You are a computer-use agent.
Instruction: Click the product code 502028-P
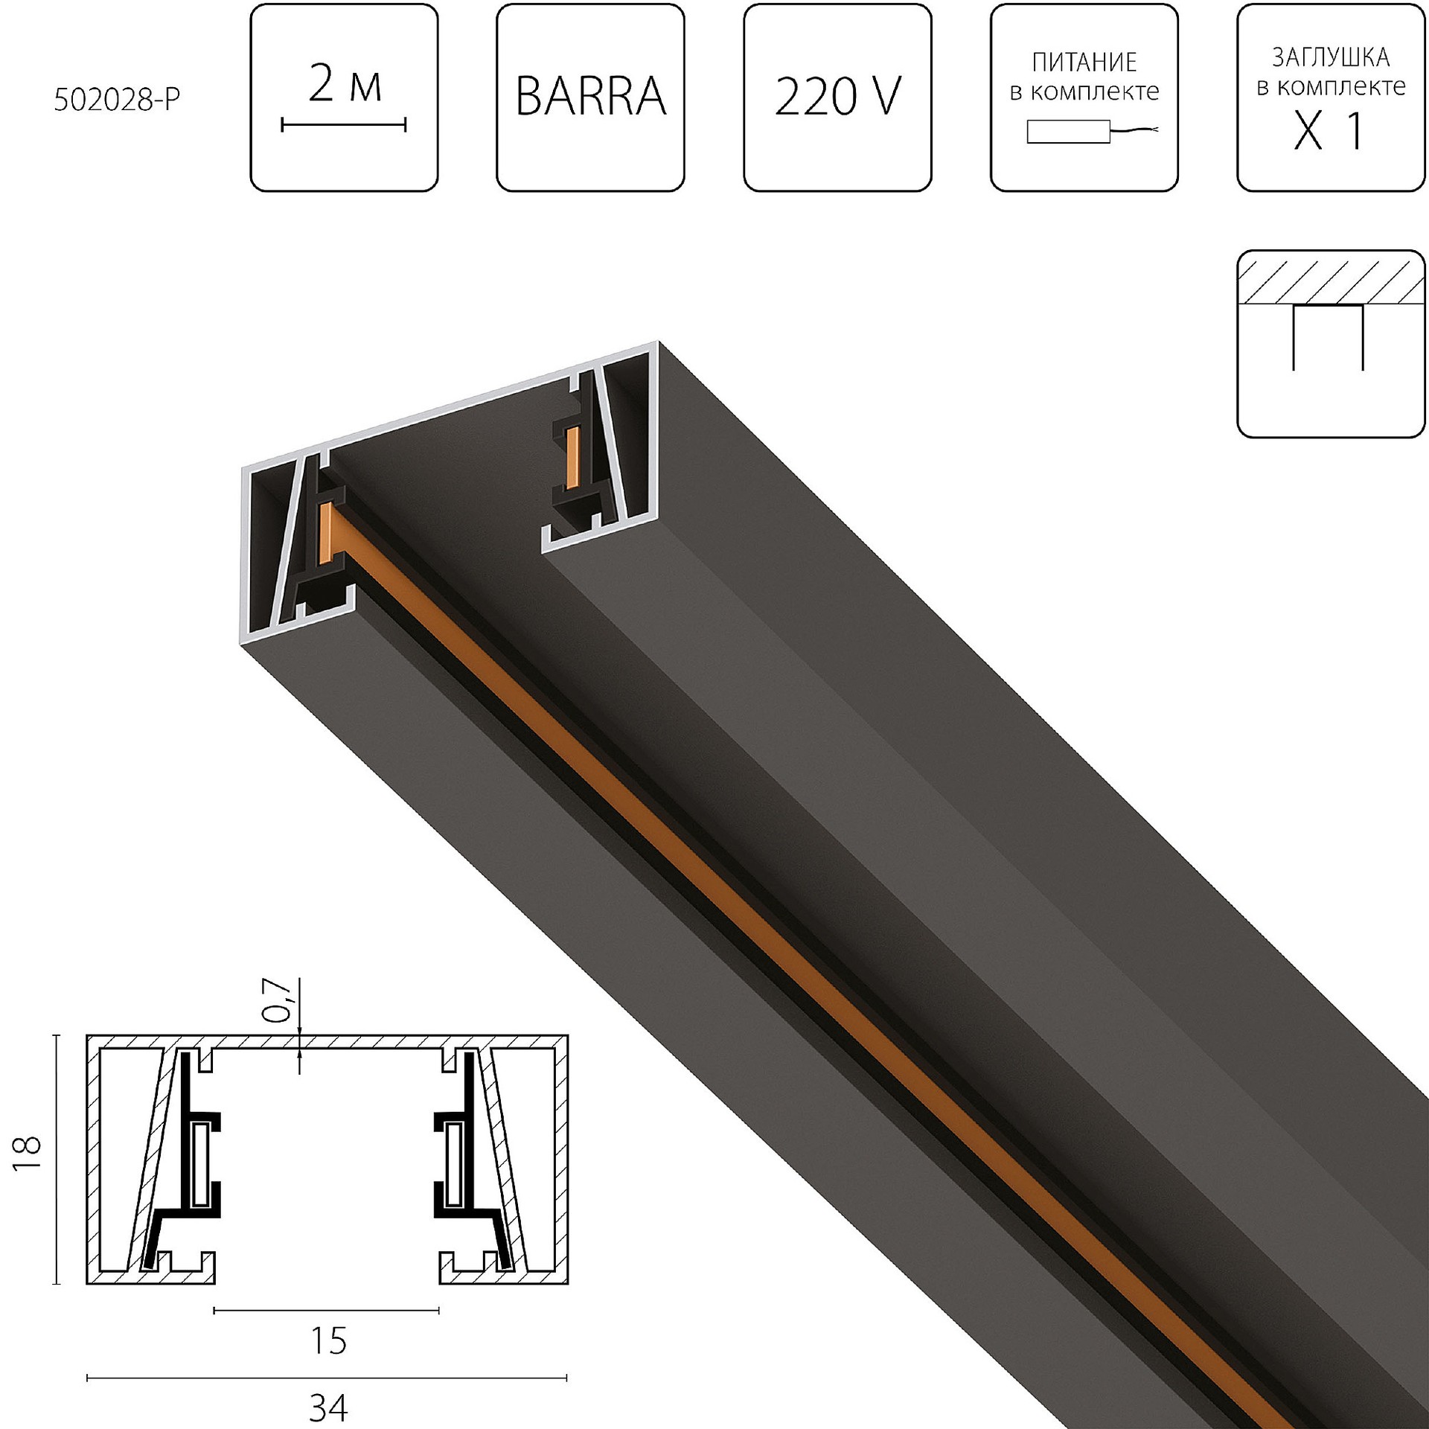tap(117, 100)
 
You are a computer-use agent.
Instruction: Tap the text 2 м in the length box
tap(344, 84)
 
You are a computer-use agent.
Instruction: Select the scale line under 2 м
tap(344, 124)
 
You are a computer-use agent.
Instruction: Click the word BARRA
tap(590, 97)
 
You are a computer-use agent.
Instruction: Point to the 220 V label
tap(837, 97)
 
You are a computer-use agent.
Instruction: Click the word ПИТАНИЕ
tap(1084, 63)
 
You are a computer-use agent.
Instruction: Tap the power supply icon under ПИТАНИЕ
tap(1069, 132)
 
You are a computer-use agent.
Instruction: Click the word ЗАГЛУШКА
tap(1330, 58)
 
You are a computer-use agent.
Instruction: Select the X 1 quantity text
tap(1330, 132)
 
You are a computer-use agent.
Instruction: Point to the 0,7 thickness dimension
tap(281, 1000)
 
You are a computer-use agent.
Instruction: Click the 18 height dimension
tap(28, 1153)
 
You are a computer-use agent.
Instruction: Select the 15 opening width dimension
tap(327, 1340)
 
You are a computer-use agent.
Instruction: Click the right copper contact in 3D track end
tap(572, 458)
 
